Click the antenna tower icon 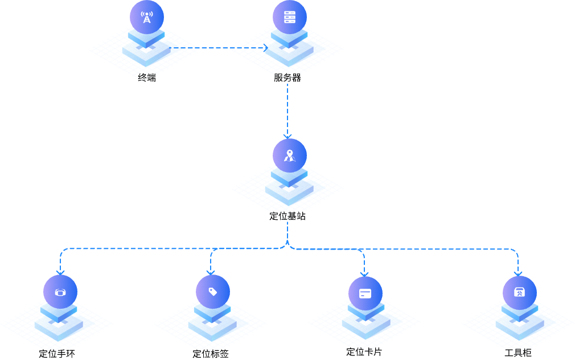[147, 17]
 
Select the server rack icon [290, 17]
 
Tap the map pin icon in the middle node [290, 155]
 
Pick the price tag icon [213, 292]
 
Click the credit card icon [365, 293]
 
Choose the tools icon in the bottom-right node [519, 293]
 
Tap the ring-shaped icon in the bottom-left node [60, 292]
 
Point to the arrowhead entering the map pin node [287, 136]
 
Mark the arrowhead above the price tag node [211, 273]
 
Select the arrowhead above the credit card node [364, 274]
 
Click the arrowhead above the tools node [518, 274]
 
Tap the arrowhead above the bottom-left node [60, 273]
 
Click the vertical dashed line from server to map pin [287, 108]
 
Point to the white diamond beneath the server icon [289, 50]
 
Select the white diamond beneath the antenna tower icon [146, 50]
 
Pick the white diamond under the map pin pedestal [289, 189]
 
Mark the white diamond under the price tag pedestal [212, 325]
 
